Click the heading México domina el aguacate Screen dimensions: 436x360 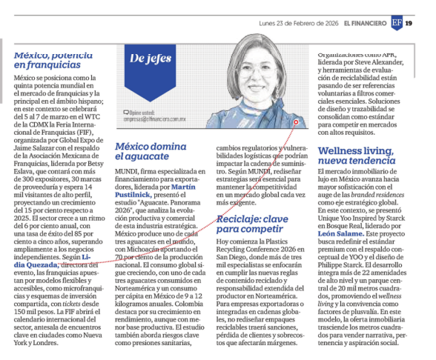click(149, 152)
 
